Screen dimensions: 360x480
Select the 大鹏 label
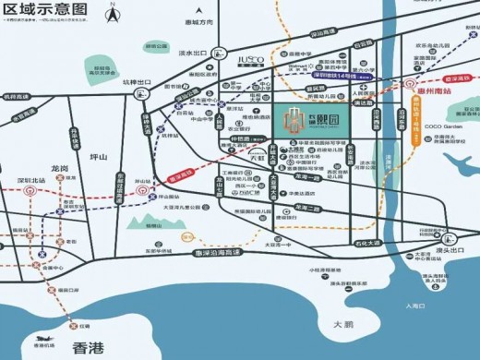342,325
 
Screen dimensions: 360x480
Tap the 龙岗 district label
60,169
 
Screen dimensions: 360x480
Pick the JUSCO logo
250,59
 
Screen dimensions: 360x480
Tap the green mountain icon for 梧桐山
145,222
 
